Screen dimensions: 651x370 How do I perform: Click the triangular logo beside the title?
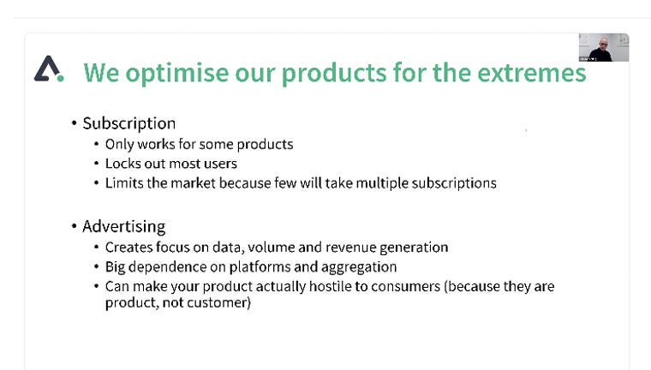tap(49, 69)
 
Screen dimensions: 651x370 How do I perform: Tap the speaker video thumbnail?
tap(604, 47)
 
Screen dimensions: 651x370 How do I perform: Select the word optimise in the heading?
tap(176, 74)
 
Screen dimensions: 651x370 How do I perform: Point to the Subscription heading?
tap(129, 123)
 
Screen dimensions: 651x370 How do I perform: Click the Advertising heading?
tap(123, 227)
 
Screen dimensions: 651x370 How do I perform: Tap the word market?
tap(193, 183)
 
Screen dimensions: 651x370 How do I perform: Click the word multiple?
tap(382, 183)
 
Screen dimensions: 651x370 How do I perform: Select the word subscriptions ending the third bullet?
tap(454, 183)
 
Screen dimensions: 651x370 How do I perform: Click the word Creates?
tap(130, 248)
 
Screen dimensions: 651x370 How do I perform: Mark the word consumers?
tap(406, 287)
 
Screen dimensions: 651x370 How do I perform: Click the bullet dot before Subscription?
tap(74, 123)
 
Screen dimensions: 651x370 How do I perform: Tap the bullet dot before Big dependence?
tap(96, 266)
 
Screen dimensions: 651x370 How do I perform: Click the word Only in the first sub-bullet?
tap(120, 145)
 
